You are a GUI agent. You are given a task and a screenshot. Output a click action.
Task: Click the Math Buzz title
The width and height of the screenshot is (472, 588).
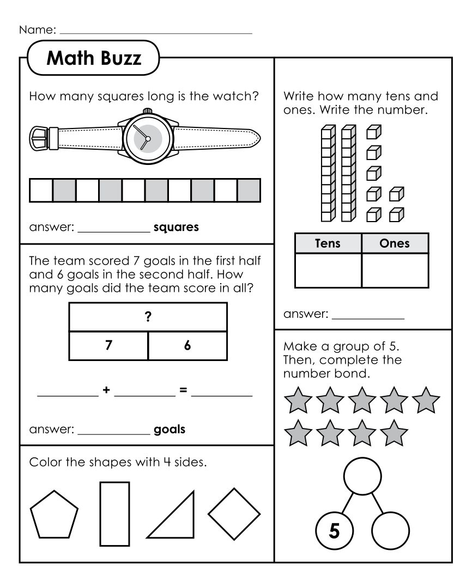coord(94,58)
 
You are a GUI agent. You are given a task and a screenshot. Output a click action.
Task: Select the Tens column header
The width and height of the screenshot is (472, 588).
coord(328,243)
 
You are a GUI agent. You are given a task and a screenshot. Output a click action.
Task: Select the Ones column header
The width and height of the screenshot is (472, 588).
coord(395,243)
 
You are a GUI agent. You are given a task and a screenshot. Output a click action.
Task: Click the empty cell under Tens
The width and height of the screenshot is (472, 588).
coord(328,271)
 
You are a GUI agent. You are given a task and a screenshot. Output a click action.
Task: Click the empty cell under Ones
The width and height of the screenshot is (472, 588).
coord(395,271)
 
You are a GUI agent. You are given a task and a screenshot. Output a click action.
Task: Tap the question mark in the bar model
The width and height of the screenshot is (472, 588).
coord(148,318)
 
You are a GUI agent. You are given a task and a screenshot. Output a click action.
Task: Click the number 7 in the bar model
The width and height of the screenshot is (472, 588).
coord(109,346)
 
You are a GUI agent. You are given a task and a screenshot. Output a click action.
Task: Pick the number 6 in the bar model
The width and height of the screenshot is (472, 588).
coord(187,346)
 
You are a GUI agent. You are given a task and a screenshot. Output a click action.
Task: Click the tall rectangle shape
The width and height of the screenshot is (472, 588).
coord(114,513)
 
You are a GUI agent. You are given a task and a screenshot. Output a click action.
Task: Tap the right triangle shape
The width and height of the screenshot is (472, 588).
coord(177,520)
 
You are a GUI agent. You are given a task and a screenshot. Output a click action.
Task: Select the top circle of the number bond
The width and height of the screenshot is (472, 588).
coord(362,475)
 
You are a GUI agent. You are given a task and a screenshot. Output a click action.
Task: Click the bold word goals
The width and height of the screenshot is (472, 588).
coord(170,430)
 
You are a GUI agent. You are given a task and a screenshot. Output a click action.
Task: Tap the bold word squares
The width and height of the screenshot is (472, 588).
coord(176,227)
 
